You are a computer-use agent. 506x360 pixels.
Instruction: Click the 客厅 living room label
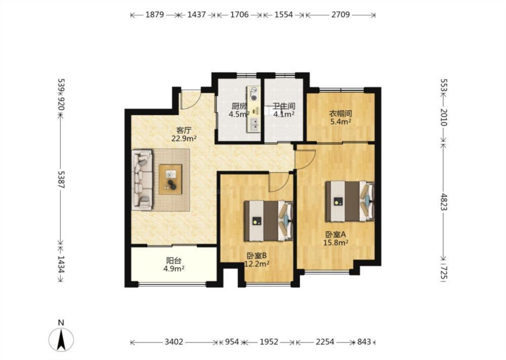coord(184,131)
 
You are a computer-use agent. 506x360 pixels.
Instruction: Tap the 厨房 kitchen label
coord(239,106)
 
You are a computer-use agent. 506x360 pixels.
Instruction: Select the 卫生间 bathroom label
coord(284,106)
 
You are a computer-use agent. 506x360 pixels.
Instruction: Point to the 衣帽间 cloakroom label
coord(340,113)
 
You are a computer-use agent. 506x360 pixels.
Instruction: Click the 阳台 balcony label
coord(174,260)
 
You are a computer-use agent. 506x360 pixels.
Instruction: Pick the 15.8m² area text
coord(335,242)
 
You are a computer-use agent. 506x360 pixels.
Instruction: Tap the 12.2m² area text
coord(257,264)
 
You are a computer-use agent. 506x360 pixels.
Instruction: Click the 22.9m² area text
coord(184,139)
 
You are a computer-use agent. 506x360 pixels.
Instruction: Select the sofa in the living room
coord(142,180)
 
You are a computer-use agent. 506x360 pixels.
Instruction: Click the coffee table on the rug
coord(171,180)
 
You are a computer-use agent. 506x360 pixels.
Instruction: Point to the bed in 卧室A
coord(350,201)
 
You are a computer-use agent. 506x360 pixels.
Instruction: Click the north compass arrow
coord(61,339)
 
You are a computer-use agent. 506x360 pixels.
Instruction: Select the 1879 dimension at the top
coord(155,15)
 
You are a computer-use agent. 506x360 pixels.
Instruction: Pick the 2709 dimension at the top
coord(341,15)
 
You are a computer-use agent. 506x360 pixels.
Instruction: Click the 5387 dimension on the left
coord(61,180)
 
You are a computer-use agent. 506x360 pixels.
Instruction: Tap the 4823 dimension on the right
coord(444,202)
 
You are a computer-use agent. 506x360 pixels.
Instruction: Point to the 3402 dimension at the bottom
coord(174,342)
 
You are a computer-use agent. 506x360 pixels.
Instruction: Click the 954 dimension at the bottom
coord(232,342)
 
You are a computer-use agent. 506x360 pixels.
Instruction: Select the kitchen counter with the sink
coord(254,109)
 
